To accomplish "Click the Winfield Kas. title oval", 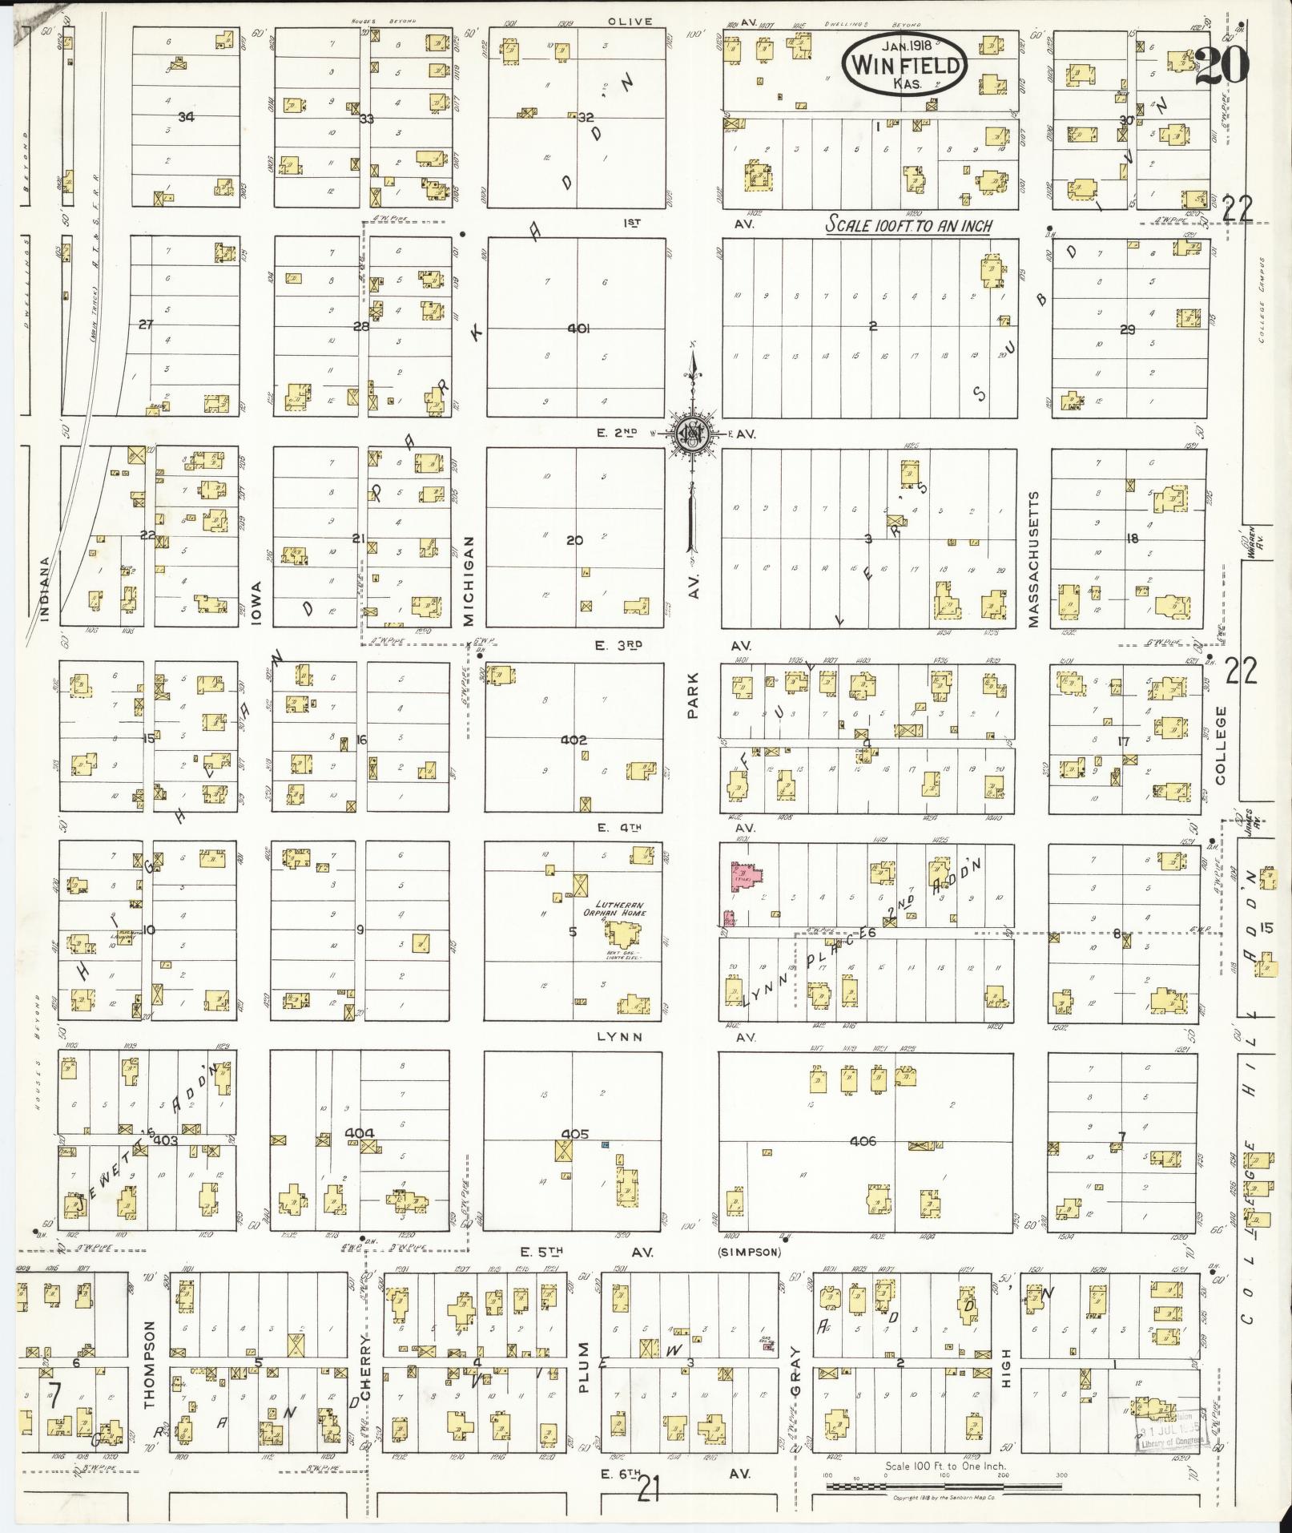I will click(904, 63).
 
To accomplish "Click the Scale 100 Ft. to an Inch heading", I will click(908, 226).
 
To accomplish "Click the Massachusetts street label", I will click(1033, 559).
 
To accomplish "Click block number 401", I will click(577, 329).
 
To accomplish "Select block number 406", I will click(862, 1141).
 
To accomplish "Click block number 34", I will click(186, 117).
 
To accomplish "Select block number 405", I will click(574, 1134).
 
